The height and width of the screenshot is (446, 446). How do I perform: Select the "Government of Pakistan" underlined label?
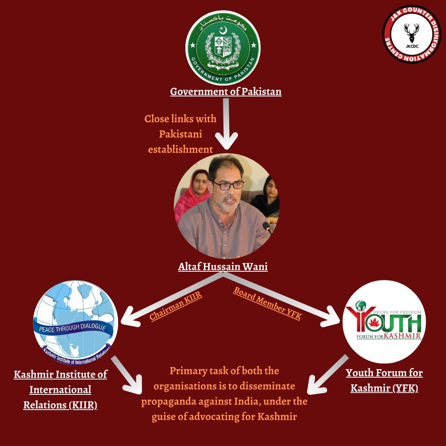(x=226, y=91)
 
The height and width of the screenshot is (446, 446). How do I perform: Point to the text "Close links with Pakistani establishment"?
(x=180, y=134)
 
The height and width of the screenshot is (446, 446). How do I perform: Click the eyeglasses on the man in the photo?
(x=228, y=185)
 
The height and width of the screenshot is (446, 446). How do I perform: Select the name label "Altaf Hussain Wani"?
(x=223, y=267)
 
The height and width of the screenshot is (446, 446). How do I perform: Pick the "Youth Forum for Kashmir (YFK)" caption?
(x=384, y=380)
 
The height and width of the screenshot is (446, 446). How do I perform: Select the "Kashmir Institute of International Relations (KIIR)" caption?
(x=60, y=389)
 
